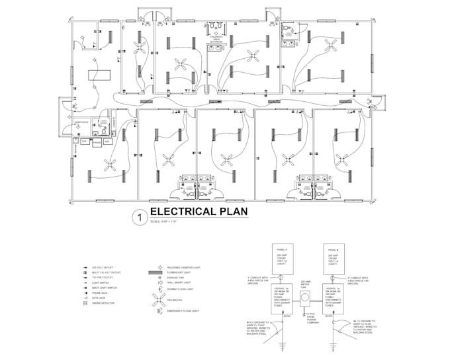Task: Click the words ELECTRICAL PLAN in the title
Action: [x=199, y=212]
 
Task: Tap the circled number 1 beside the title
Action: [x=139, y=216]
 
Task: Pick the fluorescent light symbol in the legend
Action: [x=159, y=272]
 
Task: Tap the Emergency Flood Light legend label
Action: [x=183, y=311]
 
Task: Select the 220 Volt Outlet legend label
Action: [x=101, y=267]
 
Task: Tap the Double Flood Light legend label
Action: [x=181, y=289]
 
